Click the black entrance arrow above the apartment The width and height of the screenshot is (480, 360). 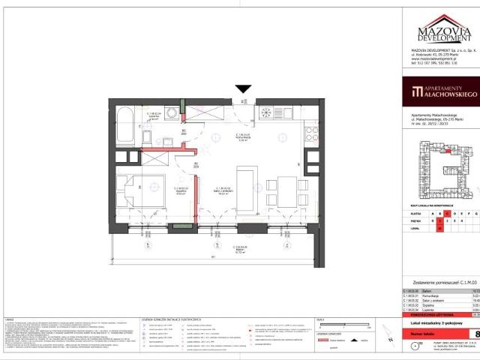242,89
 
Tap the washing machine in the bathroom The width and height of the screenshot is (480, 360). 172,113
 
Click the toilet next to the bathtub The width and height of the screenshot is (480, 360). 147,141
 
